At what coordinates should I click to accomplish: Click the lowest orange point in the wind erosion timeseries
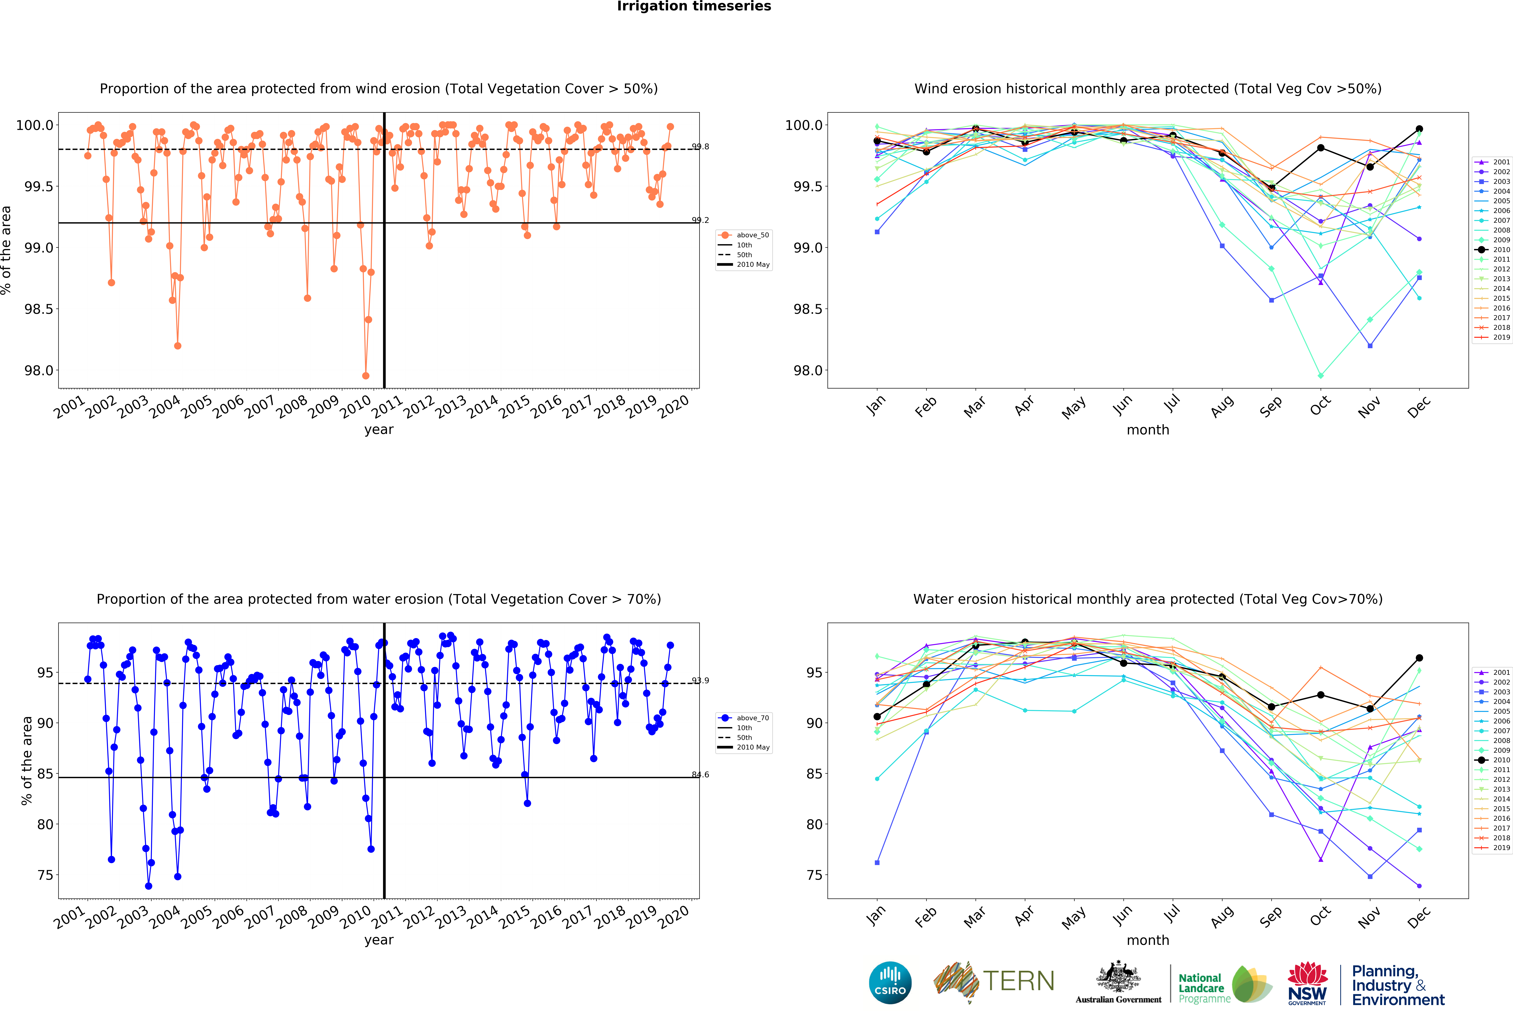(x=365, y=376)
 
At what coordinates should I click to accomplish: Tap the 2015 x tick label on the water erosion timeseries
(x=514, y=917)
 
